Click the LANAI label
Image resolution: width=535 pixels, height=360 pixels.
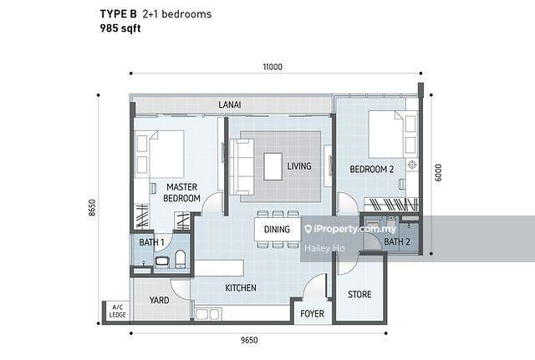(x=230, y=104)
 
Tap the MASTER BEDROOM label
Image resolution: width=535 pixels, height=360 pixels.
(x=181, y=193)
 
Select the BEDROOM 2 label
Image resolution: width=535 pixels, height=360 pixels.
(x=371, y=169)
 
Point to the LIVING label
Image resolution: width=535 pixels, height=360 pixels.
(x=299, y=166)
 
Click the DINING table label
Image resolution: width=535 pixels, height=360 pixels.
(x=277, y=230)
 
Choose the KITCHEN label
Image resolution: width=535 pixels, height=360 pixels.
(x=241, y=287)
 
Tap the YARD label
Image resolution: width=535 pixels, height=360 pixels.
(x=159, y=300)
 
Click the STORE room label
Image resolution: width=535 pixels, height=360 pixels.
(x=359, y=294)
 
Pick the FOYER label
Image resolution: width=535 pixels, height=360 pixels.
(x=312, y=313)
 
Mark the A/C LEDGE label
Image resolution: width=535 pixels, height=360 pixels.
(x=117, y=312)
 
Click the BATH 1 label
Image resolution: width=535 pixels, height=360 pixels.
(x=151, y=242)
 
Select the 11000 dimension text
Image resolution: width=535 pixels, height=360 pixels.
(x=273, y=67)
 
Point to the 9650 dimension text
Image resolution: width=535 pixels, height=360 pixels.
(x=249, y=340)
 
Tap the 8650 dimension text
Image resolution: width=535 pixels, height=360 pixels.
(x=92, y=207)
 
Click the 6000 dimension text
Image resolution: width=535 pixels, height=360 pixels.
(x=438, y=173)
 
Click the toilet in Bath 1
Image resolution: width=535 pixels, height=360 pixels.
(x=181, y=259)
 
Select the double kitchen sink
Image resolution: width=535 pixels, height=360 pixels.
(x=207, y=314)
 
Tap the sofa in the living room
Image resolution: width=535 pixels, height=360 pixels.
(x=242, y=167)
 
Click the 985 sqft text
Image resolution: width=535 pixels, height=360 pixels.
(x=120, y=28)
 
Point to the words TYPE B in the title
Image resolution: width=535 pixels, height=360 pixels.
(x=118, y=14)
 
